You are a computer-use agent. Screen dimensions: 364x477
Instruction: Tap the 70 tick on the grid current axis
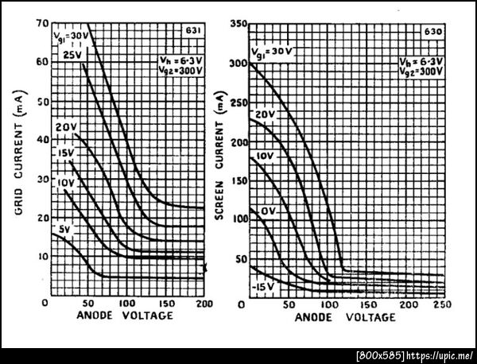coord(42,24)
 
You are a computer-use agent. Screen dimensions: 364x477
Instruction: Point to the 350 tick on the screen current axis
coord(235,24)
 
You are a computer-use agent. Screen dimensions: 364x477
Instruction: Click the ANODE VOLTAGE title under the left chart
coord(124,316)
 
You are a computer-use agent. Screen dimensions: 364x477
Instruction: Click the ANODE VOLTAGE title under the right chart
coord(345,316)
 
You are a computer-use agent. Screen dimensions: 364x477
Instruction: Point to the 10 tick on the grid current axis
coord(42,256)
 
